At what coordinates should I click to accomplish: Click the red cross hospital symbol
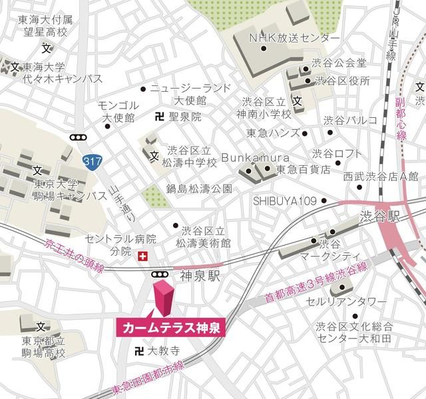tap(141, 256)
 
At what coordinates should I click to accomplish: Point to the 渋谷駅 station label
tap(360, 216)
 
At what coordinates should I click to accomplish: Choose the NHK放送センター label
tap(294, 37)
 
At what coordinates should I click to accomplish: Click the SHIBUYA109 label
tap(285, 200)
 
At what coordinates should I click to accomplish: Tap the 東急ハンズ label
tap(272, 132)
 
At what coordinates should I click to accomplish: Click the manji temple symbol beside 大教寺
tap(139, 350)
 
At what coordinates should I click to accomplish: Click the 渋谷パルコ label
tap(350, 120)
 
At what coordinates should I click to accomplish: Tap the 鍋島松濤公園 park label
tap(200, 189)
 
